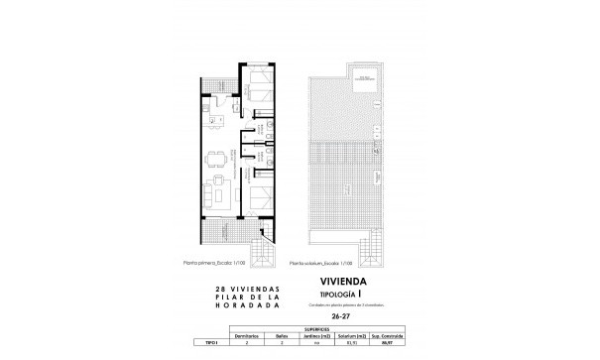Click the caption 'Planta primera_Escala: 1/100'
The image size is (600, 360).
click(x=214, y=264)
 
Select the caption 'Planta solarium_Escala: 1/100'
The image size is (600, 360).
click(x=318, y=264)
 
